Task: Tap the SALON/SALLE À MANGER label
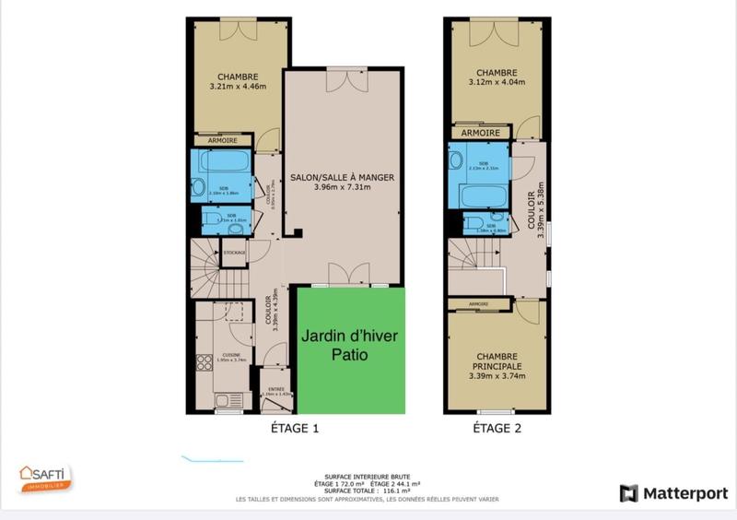click(342, 177)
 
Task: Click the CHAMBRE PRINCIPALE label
click(497, 362)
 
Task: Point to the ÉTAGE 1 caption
click(295, 429)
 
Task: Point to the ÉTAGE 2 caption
click(497, 429)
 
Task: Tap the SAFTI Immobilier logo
click(45, 478)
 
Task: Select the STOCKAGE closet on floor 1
click(235, 251)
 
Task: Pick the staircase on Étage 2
click(474, 263)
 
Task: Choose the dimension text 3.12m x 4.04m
click(497, 81)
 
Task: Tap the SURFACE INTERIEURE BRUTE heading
click(368, 475)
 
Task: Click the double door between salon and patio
click(342, 276)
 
